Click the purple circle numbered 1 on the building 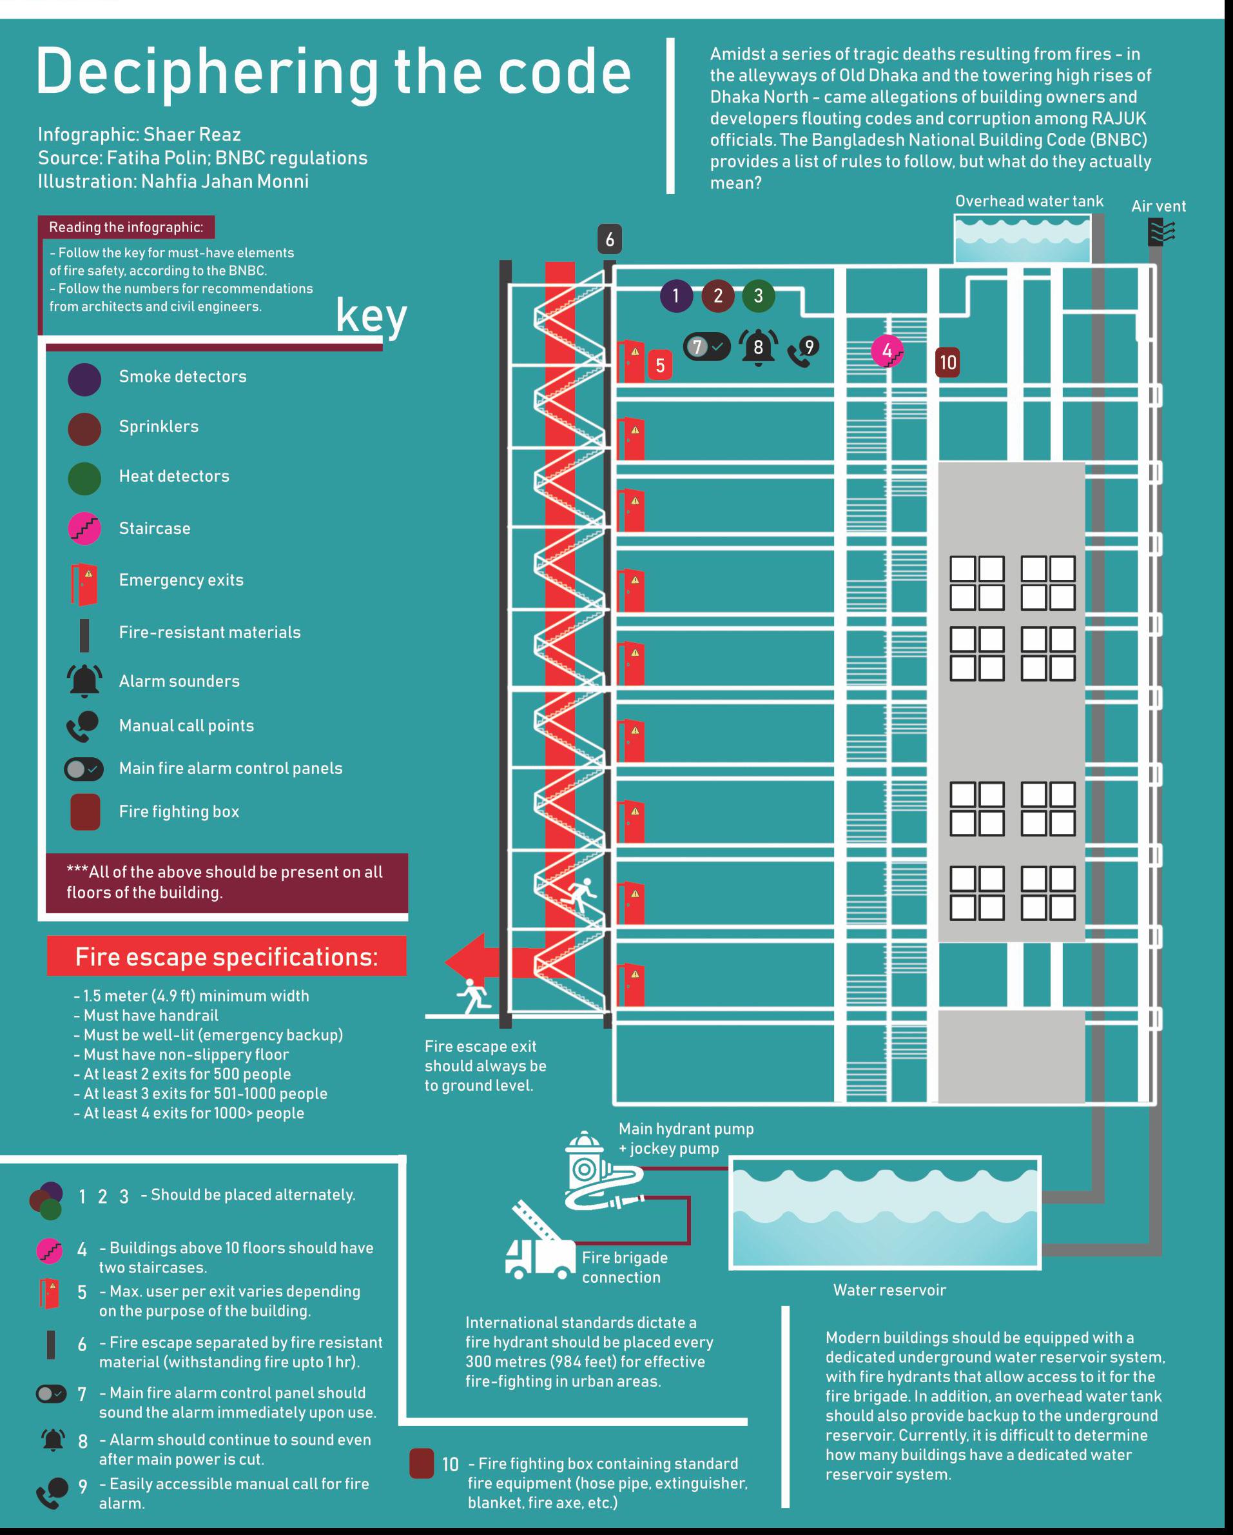(676, 295)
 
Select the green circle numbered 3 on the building (759, 295)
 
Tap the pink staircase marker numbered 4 (888, 351)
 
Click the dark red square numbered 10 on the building (947, 362)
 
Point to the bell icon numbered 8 (758, 348)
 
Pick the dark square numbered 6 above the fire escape (610, 240)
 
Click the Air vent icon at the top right (1161, 232)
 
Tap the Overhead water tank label (1029, 201)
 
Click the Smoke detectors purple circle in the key (84, 379)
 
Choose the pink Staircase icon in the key (84, 528)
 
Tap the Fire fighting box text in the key (179, 811)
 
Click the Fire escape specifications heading (226, 957)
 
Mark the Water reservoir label (889, 1290)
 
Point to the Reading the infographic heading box (126, 227)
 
